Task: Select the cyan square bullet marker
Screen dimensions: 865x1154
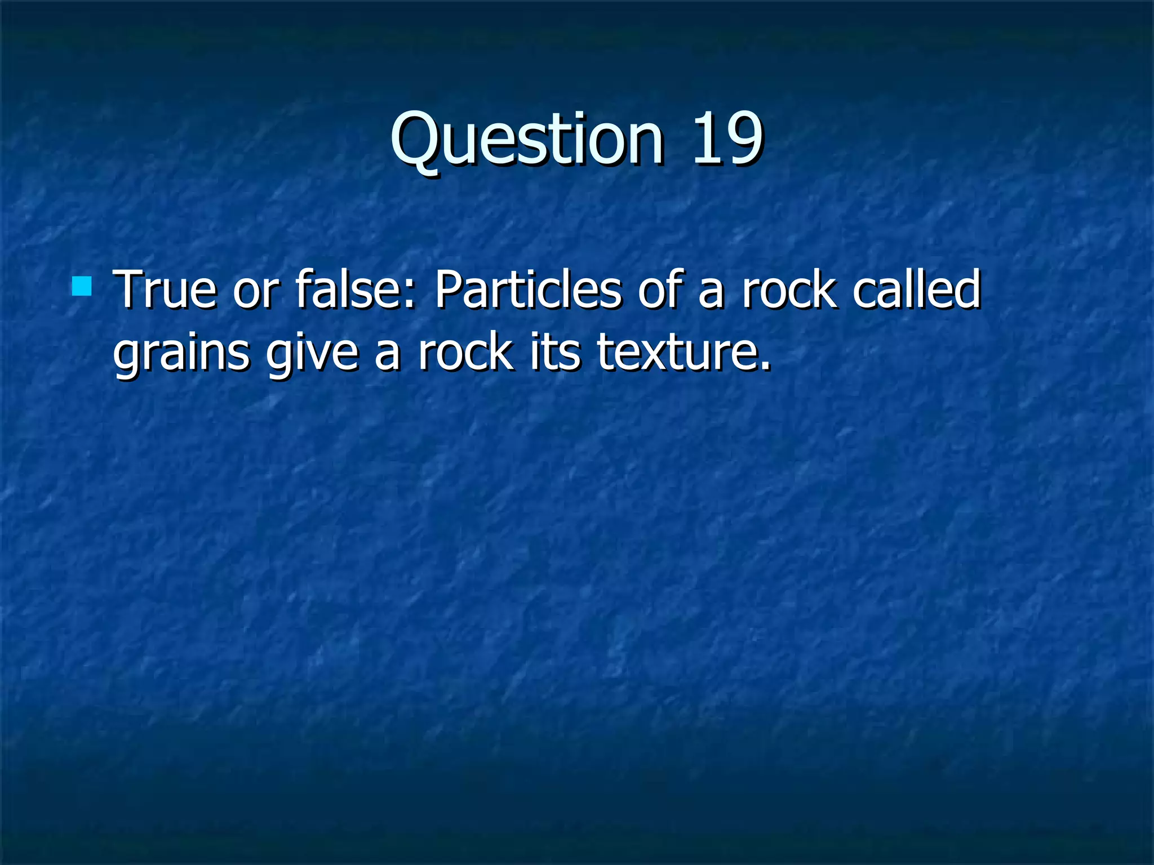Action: point(82,286)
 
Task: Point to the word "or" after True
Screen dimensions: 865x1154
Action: point(256,292)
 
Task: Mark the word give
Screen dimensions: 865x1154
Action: point(312,354)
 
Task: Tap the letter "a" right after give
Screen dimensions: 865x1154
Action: point(387,357)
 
